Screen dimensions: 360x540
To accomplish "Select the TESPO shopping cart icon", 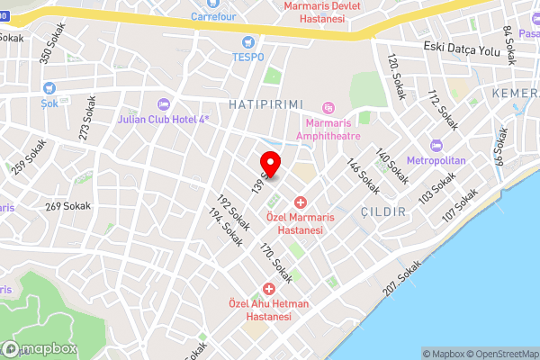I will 248,41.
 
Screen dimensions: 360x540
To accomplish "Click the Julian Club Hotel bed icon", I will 162,103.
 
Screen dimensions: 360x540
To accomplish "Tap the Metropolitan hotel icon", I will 436,146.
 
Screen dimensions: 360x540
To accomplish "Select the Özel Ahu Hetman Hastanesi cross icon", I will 268,289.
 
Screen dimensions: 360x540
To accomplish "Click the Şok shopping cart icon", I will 49,88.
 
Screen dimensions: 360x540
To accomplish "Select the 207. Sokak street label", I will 400,287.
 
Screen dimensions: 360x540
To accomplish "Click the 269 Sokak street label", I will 65,206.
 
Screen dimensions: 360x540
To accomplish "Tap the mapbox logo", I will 39,349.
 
